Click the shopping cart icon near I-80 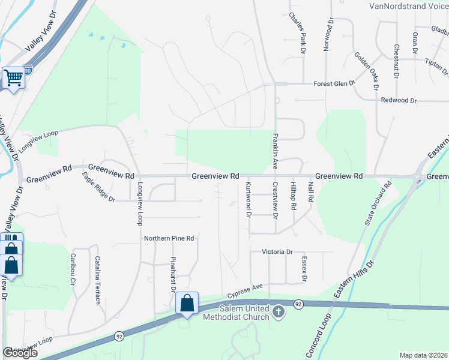(x=13, y=78)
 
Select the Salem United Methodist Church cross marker (x=278, y=311)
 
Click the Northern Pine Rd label (x=169, y=238)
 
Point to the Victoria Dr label (x=277, y=252)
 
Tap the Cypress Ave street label (x=246, y=291)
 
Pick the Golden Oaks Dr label (x=366, y=70)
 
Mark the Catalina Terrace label (x=97, y=280)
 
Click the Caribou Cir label (x=73, y=268)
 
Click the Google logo (x=20, y=353)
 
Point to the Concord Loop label (x=318, y=336)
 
